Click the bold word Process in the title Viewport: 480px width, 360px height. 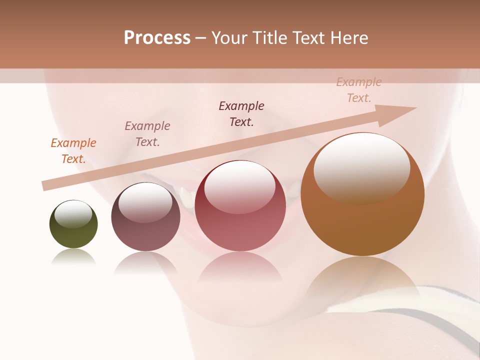pos(157,38)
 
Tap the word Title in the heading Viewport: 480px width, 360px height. pos(267,38)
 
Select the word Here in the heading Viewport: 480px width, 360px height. pos(349,38)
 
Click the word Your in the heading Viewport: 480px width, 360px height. pos(228,38)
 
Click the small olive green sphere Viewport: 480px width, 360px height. pos(73,230)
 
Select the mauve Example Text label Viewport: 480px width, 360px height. pos(147,134)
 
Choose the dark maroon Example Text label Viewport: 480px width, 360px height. pos(241,114)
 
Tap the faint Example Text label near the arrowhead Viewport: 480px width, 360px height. pos(358,90)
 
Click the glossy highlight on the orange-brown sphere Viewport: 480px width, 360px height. pos(361,167)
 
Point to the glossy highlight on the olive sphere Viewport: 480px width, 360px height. pos(73,214)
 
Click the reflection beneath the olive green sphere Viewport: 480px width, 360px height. pos(73,257)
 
